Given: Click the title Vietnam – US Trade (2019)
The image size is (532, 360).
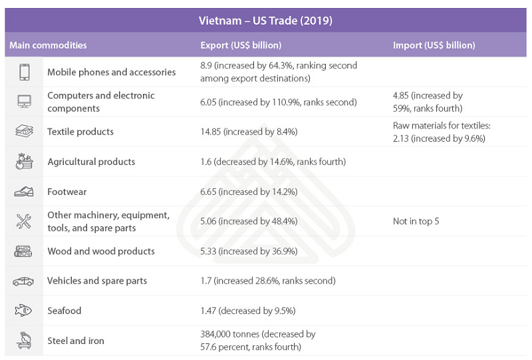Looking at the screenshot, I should tap(265, 21).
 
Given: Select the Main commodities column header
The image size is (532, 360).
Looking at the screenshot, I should tap(48, 45).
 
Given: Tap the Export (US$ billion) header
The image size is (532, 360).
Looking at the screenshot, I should tap(241, 45).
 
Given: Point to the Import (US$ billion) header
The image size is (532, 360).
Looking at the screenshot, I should tap(434, 45).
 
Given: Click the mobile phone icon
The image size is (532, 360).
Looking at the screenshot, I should tap(24, 72).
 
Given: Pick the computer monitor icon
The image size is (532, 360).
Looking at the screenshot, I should tap(24, 102).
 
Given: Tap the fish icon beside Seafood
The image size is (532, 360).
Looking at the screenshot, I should tap(24, 311).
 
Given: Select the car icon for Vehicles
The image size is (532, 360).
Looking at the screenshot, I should tap(24, 281).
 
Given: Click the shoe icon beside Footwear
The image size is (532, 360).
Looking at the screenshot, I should tap(24, 192).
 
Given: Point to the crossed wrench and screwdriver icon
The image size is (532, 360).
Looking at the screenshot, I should tap(24, 222).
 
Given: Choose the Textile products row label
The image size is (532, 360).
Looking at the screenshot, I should tap(80, 132).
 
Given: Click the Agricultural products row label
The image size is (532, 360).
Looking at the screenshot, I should tap(91, 162).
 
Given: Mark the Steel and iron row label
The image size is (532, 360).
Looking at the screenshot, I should tap(76, 341).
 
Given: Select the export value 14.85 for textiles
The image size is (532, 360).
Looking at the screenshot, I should tap(249, 132).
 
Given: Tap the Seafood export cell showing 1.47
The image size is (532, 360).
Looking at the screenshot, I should tap(247, 311).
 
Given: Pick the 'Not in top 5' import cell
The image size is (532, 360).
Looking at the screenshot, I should tap(416, 222).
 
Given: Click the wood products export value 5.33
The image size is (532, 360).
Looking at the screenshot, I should tap(249, 252).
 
